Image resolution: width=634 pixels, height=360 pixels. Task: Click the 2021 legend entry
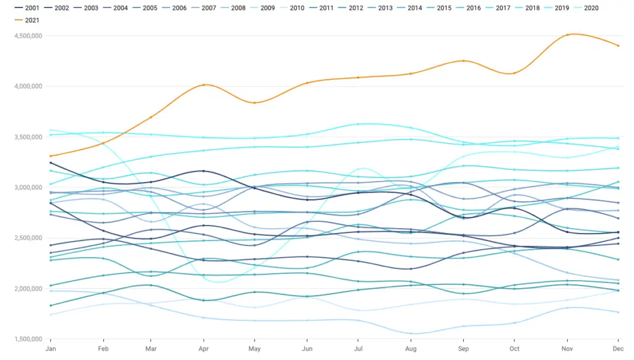[27, 20]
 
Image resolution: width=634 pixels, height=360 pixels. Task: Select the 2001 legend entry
[27, 7]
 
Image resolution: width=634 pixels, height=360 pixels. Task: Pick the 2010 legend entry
[292, 7]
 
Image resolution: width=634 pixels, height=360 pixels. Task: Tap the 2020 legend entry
[586, 7]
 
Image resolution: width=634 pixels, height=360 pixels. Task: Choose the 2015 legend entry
[439, 7]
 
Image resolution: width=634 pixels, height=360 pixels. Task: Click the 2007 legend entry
[204, 7]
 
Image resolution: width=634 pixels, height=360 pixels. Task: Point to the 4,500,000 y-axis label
[28, 36]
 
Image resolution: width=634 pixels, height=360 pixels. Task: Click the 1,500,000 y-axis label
[28, 339]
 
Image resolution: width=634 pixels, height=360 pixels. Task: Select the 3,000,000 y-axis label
[28, 187]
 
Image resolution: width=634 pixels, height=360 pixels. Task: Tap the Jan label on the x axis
[51, 349]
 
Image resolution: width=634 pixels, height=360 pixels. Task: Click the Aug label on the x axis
[411, 349]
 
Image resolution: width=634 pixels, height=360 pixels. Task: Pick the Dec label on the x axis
[619, 349]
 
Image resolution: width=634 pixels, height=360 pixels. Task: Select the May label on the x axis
[254, 349]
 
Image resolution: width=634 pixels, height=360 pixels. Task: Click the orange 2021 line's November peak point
[567, 35]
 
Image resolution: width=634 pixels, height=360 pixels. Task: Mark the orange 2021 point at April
[204, 85]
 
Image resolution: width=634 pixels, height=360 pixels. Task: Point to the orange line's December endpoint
[619, 46]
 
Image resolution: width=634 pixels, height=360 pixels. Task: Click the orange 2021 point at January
[51, 156]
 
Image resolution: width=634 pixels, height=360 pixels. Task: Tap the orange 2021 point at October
[515, 73]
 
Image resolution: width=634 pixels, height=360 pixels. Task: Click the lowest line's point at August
[411, 334]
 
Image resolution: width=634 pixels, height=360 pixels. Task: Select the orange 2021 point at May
[254, 103]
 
